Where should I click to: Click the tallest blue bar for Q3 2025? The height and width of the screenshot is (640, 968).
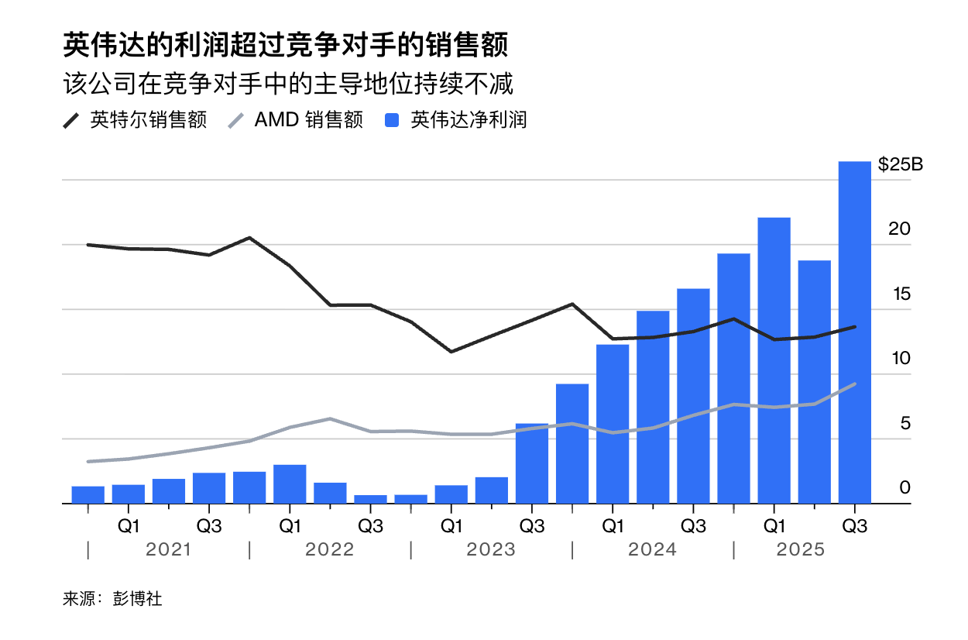click(854, 332)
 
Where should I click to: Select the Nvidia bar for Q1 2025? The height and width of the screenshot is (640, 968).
click(774, 360)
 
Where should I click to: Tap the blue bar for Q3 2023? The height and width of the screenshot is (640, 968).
click(532, 463)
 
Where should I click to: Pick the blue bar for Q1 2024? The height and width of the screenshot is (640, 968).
click(613, 424)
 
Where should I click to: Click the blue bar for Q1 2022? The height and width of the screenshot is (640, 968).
click(290, 484)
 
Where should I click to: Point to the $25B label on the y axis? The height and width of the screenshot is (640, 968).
click(901, 164)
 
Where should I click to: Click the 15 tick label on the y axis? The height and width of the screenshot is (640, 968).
click(901, 294)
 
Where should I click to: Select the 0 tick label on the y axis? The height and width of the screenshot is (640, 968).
click(905, 487)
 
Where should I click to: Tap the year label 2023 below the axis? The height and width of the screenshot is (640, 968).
click(491, 549)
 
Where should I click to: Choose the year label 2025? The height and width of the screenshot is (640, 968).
click(801, 549)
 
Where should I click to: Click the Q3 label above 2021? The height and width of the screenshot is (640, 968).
click(209, 526)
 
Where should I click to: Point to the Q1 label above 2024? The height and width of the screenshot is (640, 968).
click(613, 526)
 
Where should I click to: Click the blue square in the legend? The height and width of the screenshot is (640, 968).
click(392, 120)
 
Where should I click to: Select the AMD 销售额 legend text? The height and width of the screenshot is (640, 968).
click(308, 120)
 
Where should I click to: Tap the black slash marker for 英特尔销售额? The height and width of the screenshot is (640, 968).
click(71, 121)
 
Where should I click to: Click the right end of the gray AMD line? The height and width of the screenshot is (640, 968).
click(855, 384)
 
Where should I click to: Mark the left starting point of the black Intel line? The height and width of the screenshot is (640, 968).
click(88, 245)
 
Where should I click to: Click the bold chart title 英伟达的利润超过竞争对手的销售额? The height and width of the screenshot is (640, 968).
click(286, 44)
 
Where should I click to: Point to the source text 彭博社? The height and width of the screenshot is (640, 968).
click(137, 599)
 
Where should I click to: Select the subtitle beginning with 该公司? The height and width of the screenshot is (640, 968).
click(288, 84)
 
